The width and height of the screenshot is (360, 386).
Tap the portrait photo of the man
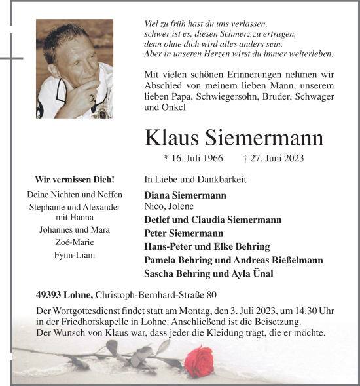click(74, 68)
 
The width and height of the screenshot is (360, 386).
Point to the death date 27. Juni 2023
click(273, 159)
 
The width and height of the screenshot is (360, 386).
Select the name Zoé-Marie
click(74, 242)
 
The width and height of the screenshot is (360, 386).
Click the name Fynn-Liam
click(74, 254)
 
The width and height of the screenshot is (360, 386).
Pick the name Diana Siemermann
click(185, 195)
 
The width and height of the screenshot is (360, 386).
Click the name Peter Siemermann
click(183, 233)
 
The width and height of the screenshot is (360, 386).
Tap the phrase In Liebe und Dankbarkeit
click(195, 179)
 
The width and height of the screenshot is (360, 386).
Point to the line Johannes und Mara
click(74, 230)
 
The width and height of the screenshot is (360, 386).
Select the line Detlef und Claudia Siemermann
click(213, 220)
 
